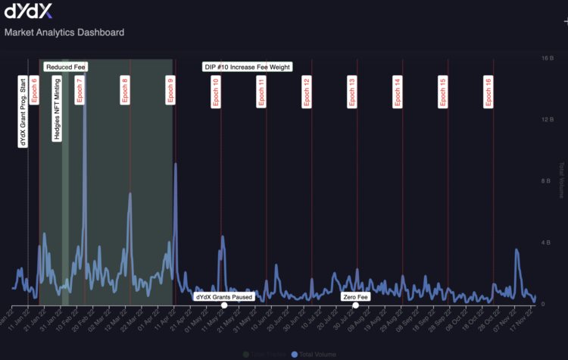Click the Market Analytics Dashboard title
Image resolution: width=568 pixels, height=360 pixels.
pyautogui.click(x=64, y=33)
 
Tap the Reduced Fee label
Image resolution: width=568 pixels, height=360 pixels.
pyautogui.click(x=66, y=67)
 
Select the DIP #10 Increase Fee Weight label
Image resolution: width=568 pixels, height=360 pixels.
pyautogui.click(x=248, y=67)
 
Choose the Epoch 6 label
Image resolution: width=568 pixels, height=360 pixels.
pyautogui.click(x=34, y=89)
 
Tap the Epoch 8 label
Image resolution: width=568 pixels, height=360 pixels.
pyautogui.click(x=125, y=89)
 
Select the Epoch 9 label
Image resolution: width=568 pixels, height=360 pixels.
pyautogui.click(x=170, y=89)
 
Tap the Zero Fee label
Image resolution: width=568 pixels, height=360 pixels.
pyautogui.click(x=354, y=296)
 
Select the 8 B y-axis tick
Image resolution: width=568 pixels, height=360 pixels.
pyautogui.click(x=544, y=180)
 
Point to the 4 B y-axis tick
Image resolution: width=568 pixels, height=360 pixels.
pyautogui.click(x=544, y=243)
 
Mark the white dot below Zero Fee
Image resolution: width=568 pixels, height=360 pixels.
pyautogui.click(x=355, y=305)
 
